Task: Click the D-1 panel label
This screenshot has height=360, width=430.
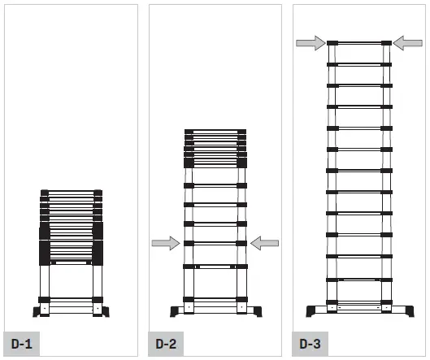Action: (21, 343)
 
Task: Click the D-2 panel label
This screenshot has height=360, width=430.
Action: (166, 343)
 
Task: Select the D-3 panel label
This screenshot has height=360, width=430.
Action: (310, 343)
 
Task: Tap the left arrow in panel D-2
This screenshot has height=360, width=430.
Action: (166, 242)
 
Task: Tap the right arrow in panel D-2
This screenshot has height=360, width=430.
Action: (265, 242)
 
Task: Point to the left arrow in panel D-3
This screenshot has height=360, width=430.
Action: (310, 42)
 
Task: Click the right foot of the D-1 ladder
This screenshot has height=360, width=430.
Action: (103, 310)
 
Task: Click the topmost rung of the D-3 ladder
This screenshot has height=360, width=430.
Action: (358, 42)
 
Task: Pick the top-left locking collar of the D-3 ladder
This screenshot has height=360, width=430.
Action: (332, 42)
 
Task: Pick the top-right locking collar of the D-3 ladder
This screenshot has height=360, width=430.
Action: (386, 42)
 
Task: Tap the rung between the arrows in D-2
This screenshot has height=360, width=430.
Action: (215, 242)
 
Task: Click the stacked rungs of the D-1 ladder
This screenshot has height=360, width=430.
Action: (72, 223)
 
